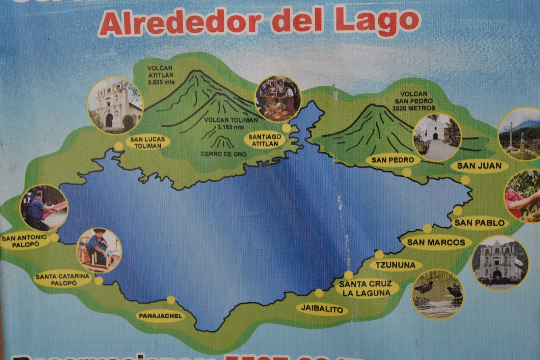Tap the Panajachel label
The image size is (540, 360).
point(161,316)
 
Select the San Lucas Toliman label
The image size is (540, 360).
point(147,143)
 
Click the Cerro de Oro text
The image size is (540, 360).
point(223,154)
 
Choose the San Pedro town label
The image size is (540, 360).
point(393,160)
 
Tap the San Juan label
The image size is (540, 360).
point(479,166)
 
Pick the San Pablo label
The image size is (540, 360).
point(479,223)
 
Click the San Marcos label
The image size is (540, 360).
point(436,242)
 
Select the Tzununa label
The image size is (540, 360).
point(396,265)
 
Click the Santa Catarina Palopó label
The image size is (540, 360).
point(63,280)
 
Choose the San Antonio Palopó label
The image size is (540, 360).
point(24,241)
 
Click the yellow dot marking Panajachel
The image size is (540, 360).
point(171,300)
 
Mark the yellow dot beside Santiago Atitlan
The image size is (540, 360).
point(286,128)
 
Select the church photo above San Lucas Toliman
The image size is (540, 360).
point(115,105)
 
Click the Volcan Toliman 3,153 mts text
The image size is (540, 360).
point(231,123)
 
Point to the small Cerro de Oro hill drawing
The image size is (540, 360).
point(223,143)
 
